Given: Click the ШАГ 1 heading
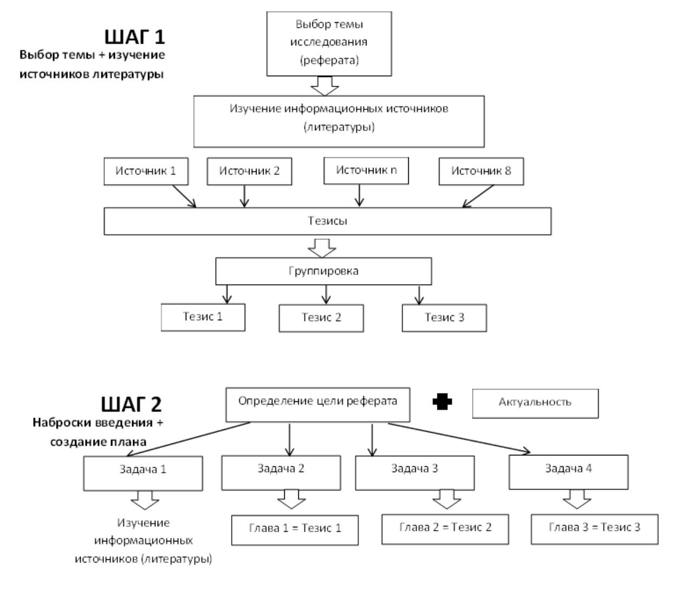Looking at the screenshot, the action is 134,37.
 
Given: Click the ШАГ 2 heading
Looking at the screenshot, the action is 131,404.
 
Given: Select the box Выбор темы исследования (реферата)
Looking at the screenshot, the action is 329,44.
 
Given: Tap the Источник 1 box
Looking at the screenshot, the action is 146,171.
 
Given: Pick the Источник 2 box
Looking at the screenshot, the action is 249,171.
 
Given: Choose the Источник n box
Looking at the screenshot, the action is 366,170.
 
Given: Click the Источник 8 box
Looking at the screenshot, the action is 481,171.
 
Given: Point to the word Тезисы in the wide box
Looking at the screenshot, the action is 327,221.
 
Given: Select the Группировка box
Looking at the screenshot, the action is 324,271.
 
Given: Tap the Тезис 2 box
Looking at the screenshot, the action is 321,318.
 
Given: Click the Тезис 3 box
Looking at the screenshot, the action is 444,318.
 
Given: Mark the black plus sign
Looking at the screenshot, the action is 442,401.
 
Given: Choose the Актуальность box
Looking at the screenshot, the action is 535,403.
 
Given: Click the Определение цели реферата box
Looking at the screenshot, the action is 317,405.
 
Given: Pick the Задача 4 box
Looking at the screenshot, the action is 568,472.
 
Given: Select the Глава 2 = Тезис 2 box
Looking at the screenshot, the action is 445,529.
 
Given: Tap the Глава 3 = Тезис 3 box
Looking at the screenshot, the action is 594,529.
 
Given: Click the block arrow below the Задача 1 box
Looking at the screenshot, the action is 145,500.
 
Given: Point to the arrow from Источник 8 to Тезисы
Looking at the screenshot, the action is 478,196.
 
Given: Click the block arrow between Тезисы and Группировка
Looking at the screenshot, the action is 322,248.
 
